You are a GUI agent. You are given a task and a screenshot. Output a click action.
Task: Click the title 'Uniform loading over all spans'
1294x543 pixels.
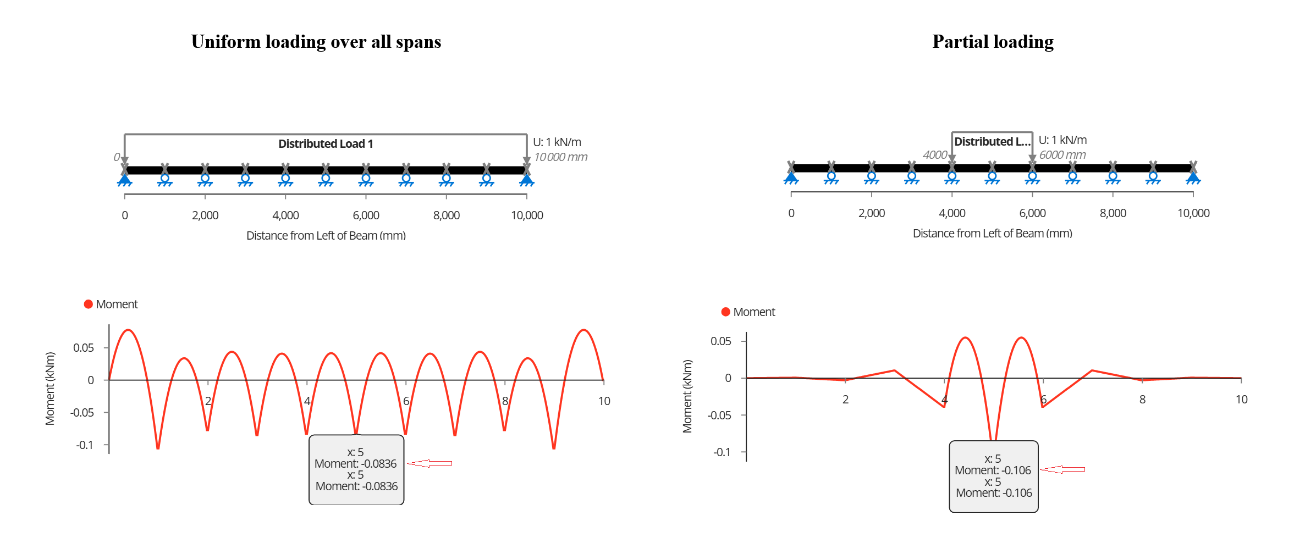click(x=316, y=42)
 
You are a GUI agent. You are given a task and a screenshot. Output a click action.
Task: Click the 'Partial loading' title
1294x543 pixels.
click(x=993, y=42)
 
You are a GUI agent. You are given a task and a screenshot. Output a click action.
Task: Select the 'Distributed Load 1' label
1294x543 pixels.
click(x=326, y=144)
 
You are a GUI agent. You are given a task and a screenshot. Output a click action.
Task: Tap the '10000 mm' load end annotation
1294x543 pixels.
click(x=561, y=157)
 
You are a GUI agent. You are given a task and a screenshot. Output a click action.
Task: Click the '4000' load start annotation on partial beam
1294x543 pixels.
click(x=935, y=155)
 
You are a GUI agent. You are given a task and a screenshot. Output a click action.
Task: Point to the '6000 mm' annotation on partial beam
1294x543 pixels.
click(x=1062, y=155)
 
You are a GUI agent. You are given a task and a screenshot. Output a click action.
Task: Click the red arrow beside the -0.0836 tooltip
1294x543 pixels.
click(x=430, y=463)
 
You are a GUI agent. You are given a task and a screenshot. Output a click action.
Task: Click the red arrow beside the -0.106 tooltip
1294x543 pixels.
click(x=1062, y=469)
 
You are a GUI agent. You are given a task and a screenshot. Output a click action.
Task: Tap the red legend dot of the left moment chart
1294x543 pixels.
click(x=88, y=304)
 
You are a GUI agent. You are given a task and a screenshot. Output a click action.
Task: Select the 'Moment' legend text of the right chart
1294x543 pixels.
click(x=754, y=312)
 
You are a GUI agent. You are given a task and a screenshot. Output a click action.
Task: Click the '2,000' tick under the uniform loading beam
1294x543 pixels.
click(x=205, y=215)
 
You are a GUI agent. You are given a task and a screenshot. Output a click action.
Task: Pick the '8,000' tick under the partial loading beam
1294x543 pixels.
click(x=1113, y=213)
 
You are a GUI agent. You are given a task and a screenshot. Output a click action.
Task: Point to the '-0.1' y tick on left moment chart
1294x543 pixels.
click(x=85, y=445)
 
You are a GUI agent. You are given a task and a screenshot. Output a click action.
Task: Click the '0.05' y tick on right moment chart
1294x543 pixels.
click(x=721, y=341)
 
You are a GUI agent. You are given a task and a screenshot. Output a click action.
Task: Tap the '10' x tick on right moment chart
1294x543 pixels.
click(x=1242, y=400)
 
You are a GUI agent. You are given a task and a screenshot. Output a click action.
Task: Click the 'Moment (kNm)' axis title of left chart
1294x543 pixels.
click(x=50, y=389)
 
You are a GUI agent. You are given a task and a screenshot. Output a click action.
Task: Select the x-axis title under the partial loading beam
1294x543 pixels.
click(x=993, y=234)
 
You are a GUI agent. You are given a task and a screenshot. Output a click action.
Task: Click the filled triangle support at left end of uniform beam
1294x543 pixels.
click(x=125, y=179)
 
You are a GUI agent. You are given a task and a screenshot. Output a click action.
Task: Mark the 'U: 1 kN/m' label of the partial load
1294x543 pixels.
click(x=1062, y=140)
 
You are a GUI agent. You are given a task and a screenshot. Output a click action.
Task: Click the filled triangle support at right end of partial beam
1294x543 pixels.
click(x=1193, y=177)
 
